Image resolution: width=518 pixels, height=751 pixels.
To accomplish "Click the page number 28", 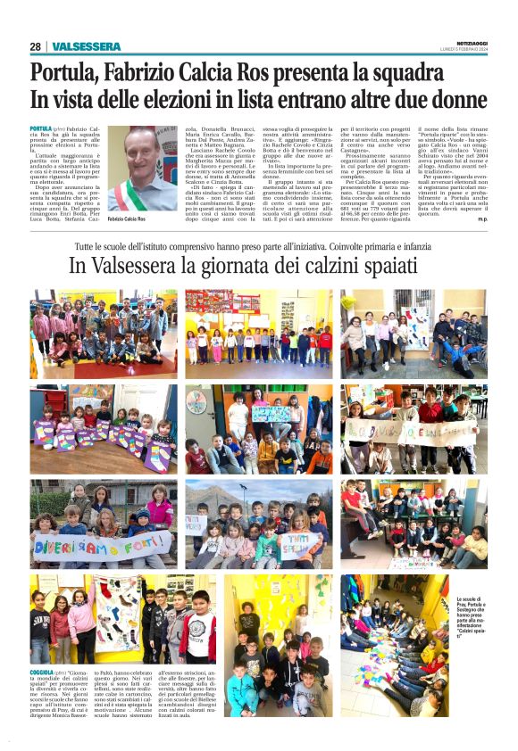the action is [34, 46].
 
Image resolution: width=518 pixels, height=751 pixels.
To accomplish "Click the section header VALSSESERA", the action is [87, 46].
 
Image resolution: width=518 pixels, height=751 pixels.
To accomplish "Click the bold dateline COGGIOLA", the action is [42, 671].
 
